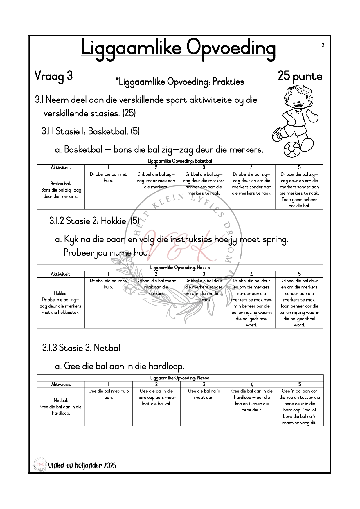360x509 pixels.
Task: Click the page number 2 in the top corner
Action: [x=323, y=45]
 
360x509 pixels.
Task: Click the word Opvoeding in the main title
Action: [x=231, y=48]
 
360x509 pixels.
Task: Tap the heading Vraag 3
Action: [x=53, y=76]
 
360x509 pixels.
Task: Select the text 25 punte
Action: [x=300, y=76]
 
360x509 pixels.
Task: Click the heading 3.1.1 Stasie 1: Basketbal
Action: [x=91, y=131]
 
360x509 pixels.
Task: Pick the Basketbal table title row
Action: [x=180, y=161]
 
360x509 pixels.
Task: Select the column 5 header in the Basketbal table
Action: [x=299, y=167]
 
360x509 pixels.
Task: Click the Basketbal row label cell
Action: [x=60, y=190]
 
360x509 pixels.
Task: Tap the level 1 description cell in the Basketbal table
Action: [x=108, y=190]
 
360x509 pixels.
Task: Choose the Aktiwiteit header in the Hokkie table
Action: [x=60, y=274]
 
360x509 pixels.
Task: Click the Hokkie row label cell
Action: [x=60, y=303]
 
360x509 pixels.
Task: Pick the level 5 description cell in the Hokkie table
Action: [x=299, y=303]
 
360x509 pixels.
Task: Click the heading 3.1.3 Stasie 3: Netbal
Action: [x=81, y=348]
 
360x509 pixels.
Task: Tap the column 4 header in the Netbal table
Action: [x=252, y=384]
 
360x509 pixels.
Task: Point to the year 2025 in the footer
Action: [x=109, y=465]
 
